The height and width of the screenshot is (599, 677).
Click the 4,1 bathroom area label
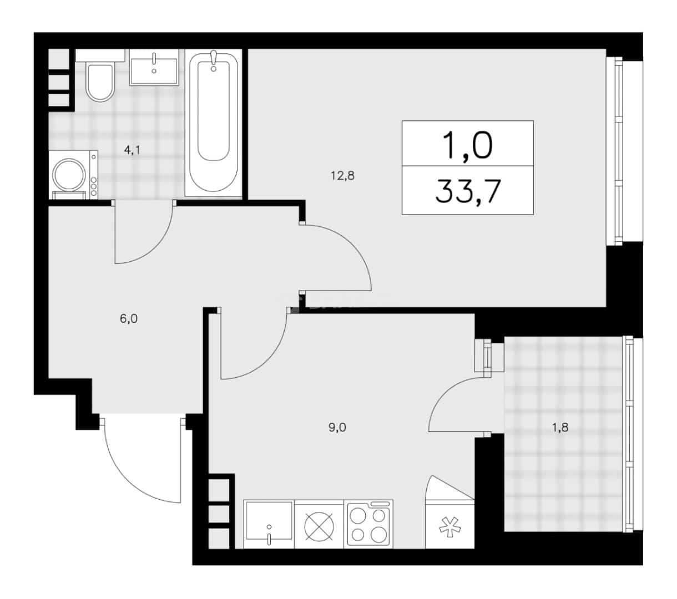click(x=132, y=150)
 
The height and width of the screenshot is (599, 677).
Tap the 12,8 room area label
click(x=342, y=175)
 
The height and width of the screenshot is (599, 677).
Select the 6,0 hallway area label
click(x=129, y=319)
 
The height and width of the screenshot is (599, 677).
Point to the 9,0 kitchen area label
click(x=337, y=427)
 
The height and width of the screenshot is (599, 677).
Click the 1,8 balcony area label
click(x=560, y=427)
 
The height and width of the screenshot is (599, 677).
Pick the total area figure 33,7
click(x=468, y=191)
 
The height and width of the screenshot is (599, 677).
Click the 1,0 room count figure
click(x=468, y=145)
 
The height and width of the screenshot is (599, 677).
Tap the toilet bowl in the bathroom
click(x=100, y=82)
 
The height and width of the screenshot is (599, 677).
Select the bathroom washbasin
click(x=154, y=67)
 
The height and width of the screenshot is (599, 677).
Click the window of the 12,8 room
click(x=618, y=151)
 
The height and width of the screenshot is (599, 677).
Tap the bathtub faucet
click(x=214, y=60)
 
